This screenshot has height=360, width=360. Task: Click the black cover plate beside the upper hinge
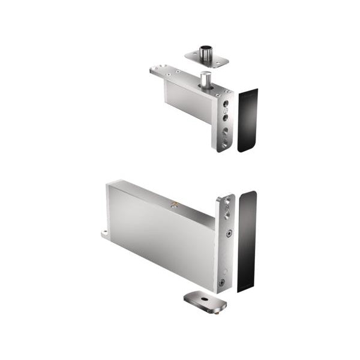click(x=247, y=120)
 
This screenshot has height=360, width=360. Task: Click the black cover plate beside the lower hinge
click(x=247, y=240)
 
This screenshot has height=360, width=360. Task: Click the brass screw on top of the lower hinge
click(x=174, y=206)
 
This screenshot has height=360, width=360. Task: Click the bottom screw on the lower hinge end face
click(x=221, y=282)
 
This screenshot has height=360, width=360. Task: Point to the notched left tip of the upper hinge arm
click(x=154, y=70)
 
